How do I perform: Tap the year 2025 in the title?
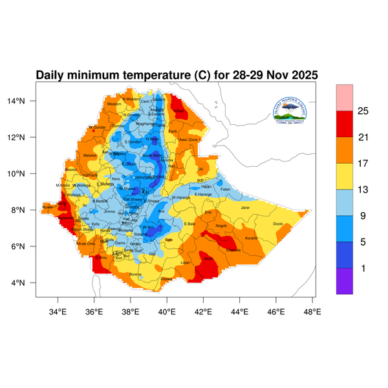pos(301,75)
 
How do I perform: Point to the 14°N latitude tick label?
pos(25,101)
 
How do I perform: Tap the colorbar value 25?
pos(363,111)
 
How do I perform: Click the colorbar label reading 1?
pos(363,268)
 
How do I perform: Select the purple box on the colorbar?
pos(344,281)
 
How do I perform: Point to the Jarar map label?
pos(245,208)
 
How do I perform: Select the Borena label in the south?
pos(135,275)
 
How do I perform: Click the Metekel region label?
pos(90,155)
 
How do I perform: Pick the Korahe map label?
pos(251,239)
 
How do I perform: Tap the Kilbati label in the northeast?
pos(180,111)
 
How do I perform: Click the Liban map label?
pos(185,263)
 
